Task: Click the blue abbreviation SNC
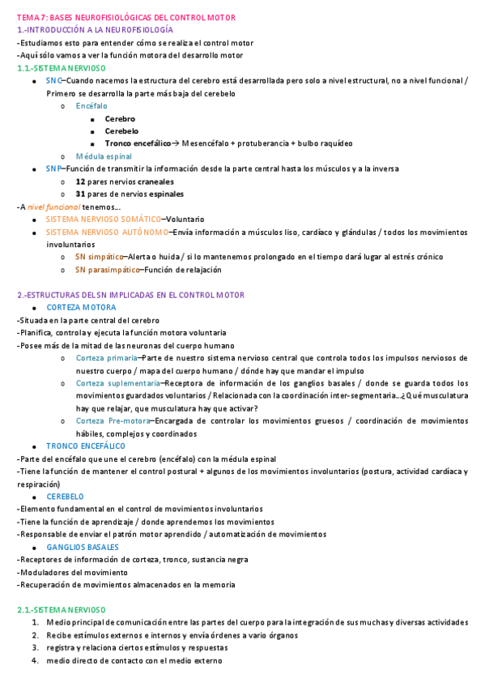53,81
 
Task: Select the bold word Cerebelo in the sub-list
121,130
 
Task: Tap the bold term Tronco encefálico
138,143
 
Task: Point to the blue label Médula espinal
104,156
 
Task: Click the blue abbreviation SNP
53,169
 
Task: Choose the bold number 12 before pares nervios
80,181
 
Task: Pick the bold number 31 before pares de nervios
80,194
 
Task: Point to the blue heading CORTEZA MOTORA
81,308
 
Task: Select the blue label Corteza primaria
106,357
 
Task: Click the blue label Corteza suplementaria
118,383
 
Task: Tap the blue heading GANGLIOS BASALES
83,547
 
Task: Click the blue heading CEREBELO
66,497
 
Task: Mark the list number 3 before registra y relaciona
36,647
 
